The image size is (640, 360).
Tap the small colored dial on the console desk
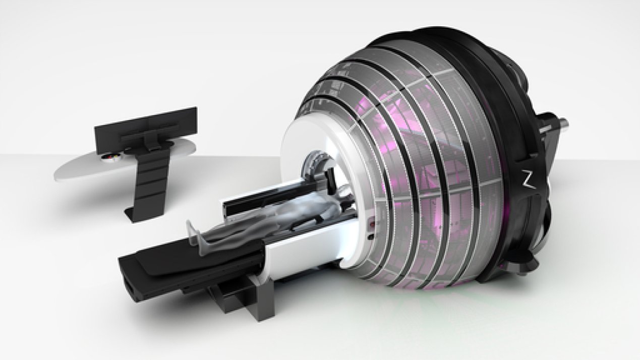pos(110,158)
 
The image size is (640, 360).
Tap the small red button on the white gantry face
pos(372,222)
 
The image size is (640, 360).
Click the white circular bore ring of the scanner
pos(298,146)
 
